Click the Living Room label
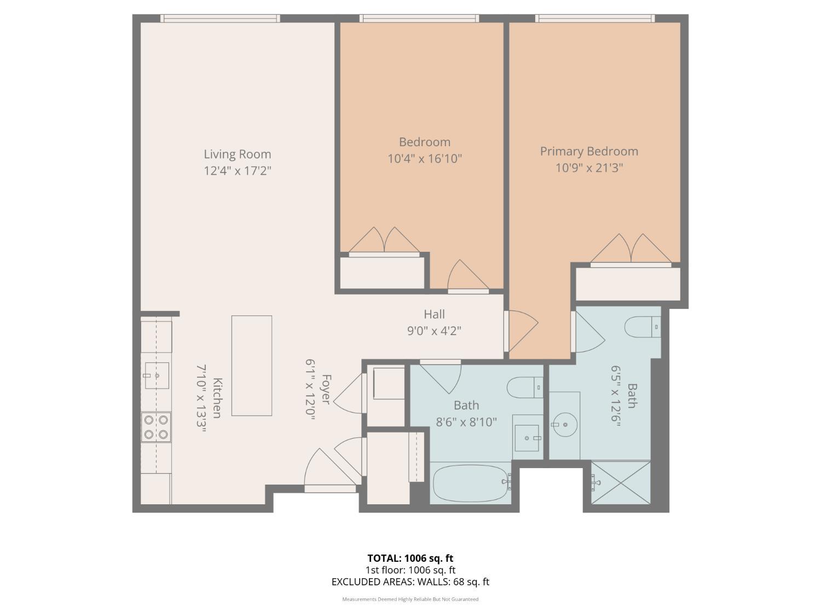click(237, 154)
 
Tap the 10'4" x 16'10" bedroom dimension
click(425, 159)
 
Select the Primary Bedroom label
click(589, 152)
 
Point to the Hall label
click(434, 314)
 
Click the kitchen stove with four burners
click(156, 427)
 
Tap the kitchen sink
click(157, 376)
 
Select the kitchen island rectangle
click(251, 365)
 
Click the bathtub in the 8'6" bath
click(470, 483)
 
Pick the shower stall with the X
click(621, 482)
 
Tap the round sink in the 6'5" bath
click(565, 424)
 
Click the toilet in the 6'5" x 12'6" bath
click(642, 327)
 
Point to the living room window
click(221, 18)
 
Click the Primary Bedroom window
click(595, 18)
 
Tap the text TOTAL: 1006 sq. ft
click(410, 559)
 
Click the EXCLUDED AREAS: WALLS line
click(410, 582)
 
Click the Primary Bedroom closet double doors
click(631, 249)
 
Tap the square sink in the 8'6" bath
click(527, 438)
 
